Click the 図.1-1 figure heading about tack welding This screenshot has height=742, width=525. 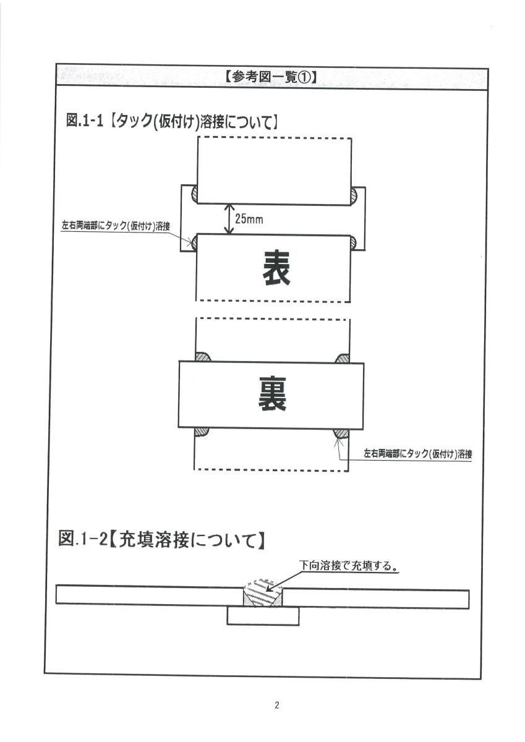[171, 121]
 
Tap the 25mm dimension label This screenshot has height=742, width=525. [249, 219]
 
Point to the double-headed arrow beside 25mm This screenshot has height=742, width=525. [229, 219]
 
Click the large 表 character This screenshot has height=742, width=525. [276, 268]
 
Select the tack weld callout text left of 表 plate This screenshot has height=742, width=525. [116, 226]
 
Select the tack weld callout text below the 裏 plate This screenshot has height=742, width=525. [418, 453]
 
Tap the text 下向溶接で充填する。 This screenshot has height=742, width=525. [349, 565]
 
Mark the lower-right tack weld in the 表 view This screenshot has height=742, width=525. [353, 244]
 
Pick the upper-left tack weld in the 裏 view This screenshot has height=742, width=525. [203, 357]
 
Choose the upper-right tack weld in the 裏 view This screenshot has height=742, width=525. [343, 359]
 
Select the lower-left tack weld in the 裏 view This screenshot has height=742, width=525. [202, 432]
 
